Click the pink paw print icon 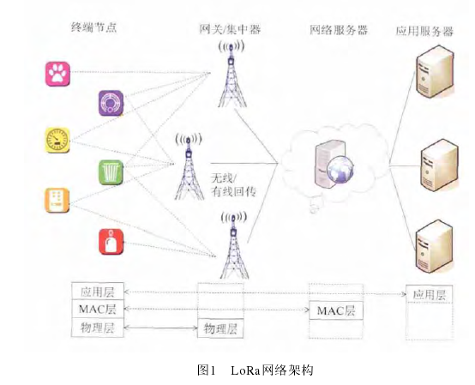click(58, 74)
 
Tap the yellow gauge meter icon click(57, 140)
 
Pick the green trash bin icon click(111, 172)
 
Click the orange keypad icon click(57, 200)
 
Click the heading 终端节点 click(93, 28)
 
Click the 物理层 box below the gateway click(219, 328)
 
